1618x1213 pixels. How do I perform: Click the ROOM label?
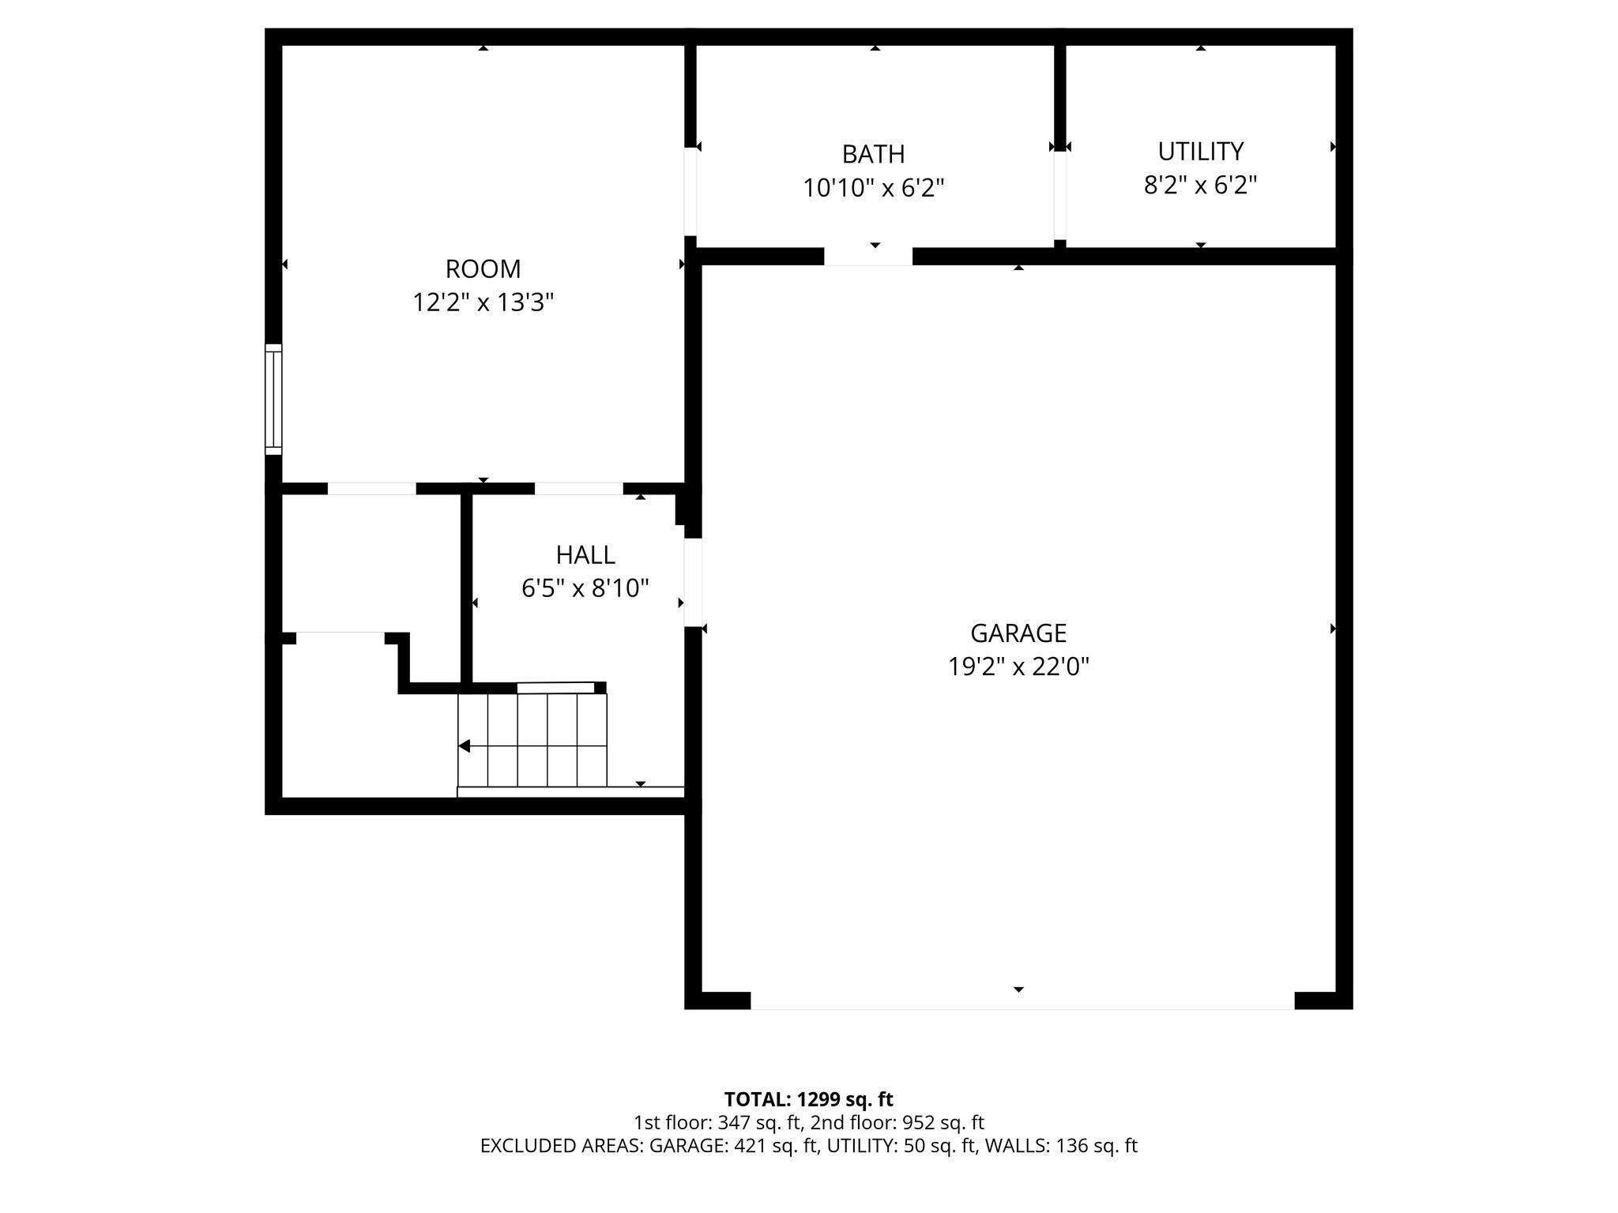point(483,269)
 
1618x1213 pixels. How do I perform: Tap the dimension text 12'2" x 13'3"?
point(483,302)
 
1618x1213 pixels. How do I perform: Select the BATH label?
point(873,154)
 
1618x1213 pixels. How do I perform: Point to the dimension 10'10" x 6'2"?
point(873,189)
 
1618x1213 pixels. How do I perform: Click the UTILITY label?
point(1200,151)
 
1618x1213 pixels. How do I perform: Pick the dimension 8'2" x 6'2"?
point(1200,186)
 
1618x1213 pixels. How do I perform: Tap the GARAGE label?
point(1018,633)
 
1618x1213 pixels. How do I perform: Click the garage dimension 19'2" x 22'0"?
point(1018,667)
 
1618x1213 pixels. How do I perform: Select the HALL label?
point(585,555)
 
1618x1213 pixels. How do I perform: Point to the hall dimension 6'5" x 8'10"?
point(585,588)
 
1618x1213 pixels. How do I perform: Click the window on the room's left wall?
point(273,399)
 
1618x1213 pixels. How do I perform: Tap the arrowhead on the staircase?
point(465,746)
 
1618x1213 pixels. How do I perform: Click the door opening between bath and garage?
point(868,257)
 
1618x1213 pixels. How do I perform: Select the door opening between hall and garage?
point(693,583)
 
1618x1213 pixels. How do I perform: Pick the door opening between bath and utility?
point(1059,195)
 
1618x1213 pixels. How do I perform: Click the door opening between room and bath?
point(690,191)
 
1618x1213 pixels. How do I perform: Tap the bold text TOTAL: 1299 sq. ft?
point(808,1099)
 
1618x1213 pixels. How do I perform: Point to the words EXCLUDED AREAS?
point(561,1146)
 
